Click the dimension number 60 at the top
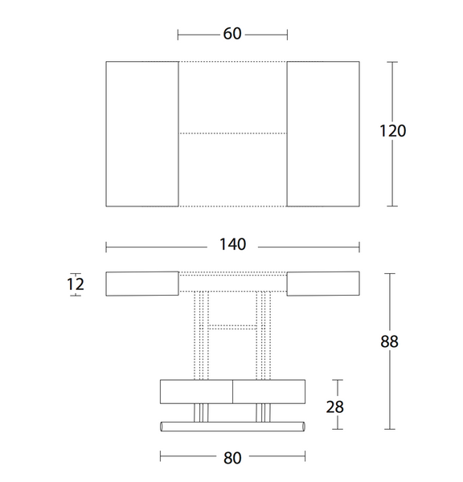pyautogui.click(x=232, y=35)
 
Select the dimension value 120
pyautogui.click(x=392, y=131)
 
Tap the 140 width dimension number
pyautogui.click(x=231, y=245)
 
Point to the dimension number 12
pyautogui.click(x=76, y=284)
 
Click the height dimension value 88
pyautogui.click(x=389, y=341)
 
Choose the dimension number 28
pyautogui.click(x=335, y=406)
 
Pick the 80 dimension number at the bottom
pyautogui.click(x=231, y=458)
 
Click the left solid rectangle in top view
pyautogui.click(x=142, y=133)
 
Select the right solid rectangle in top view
pyautogui.click(x=322, y=133)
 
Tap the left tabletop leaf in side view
pyautogui.click(x=142, y=284)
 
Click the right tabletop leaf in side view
pyautogui.click(x=322, y=284)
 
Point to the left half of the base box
pyautogui.click(x=197, y=391)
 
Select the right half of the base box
pyautogui.click(x=269, y=391)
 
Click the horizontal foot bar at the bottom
pyautogui.click(x=232, y=423)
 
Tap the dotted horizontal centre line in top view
pyautogui.click(x=232, y=133)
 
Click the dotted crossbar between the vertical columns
pyautogui.click(x=232, y=326)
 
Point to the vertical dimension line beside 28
pyautogui.click(x=336, y=386)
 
